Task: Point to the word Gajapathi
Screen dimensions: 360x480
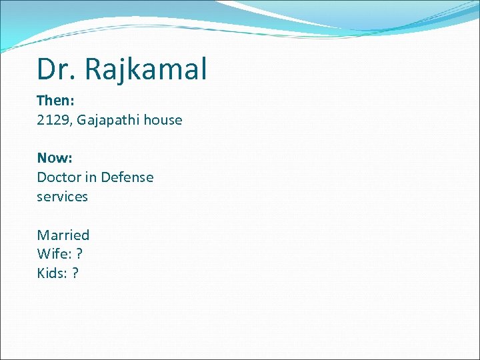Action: pos(108,120)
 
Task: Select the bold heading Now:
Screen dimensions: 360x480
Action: pos(54,158)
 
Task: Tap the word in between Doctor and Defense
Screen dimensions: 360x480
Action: pos(91,177)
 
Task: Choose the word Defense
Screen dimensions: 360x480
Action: pos(127,177)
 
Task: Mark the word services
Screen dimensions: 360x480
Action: pos(62,197)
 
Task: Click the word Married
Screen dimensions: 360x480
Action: pos(63,235)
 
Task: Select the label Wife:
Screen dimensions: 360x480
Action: pos(53,254)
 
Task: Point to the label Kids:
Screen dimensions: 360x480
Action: pos(52,273)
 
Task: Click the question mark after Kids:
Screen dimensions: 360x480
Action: pos(75,273)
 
